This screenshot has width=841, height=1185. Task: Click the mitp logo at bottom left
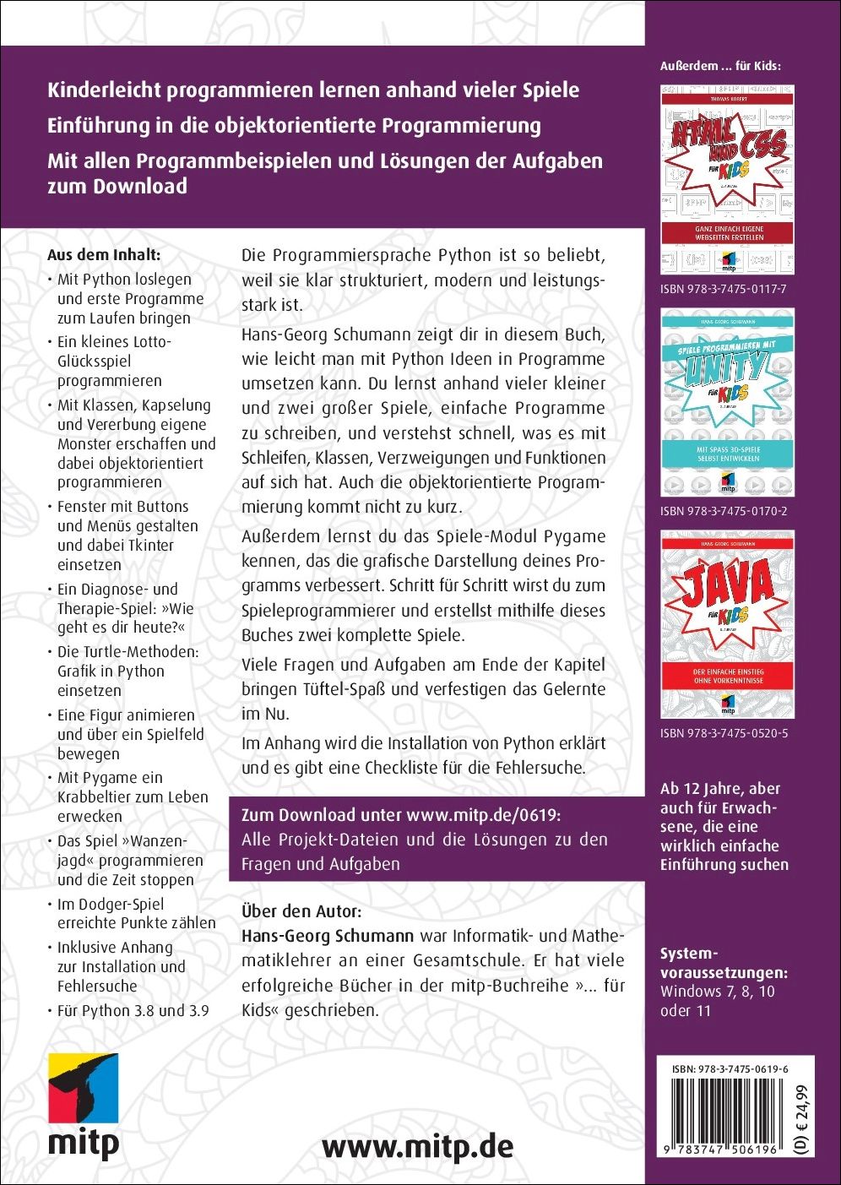pos(83,1106)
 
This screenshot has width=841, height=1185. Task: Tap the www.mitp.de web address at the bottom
pos(417,1146)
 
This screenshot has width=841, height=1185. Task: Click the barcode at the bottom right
pos(725,1115)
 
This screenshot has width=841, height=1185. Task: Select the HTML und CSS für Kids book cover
pos(727,178)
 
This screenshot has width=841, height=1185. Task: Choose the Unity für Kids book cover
pos(727,402)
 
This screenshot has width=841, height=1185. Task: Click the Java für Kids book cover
pos(727,624)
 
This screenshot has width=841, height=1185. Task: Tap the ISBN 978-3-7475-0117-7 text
pos(724,289)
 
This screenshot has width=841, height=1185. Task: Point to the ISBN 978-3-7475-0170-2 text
pos(724,511)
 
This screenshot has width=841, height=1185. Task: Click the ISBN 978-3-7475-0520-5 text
pos(724,733)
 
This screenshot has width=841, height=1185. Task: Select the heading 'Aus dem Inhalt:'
pos(104,255)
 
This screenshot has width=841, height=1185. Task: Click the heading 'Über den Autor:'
pos(301,911)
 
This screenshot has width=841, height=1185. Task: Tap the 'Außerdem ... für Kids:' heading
pos(720,65)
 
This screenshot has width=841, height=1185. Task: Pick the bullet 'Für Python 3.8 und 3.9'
pos(133,1010)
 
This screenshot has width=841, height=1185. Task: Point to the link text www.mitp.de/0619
pos(483,815)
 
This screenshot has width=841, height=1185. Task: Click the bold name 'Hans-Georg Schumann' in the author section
pos(328,936)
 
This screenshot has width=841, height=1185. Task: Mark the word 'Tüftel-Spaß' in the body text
pos(343,688)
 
